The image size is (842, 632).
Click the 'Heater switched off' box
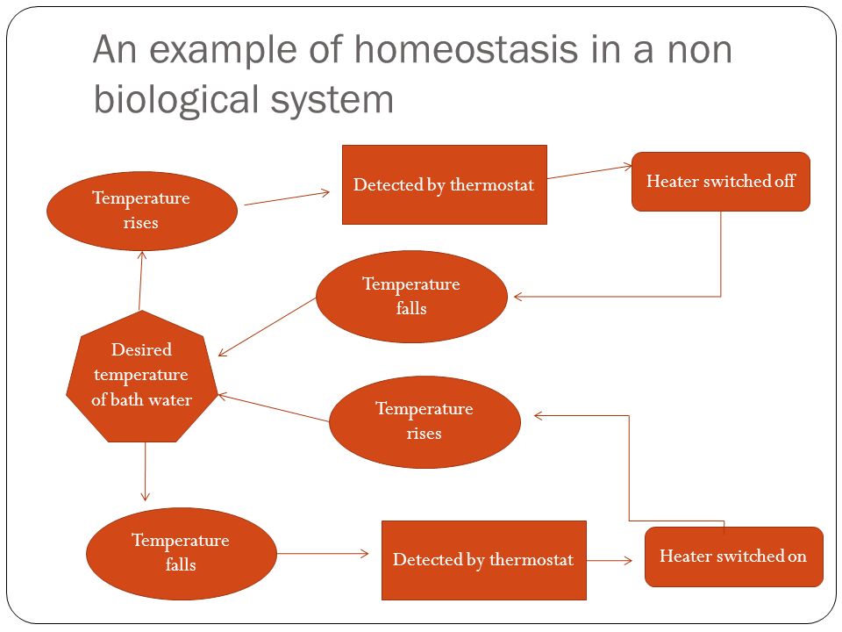tap(720, 182)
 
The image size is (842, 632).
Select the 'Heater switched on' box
tap(733, 557)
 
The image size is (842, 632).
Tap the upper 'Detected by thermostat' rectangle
tap(444, 185)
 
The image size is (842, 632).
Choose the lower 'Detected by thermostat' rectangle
tap(483, 560)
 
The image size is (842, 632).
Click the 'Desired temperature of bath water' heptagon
tap(140, 376)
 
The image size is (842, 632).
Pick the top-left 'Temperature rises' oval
tap(141, 211)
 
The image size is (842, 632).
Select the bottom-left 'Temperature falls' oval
tap(180, 553)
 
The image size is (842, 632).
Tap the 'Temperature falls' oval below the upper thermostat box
tap(410, 297)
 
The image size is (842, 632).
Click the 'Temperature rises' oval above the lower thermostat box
tap(424, 421)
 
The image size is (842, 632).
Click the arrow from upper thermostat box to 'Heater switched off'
tap(589, 171)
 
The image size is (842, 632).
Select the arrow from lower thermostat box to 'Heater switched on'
tap(610, 559)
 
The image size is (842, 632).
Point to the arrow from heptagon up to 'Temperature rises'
tap(141, 280)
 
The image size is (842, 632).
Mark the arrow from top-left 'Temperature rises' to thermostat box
tap(288, 198)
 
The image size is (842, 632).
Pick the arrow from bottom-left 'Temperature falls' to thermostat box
tap(323, 553)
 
